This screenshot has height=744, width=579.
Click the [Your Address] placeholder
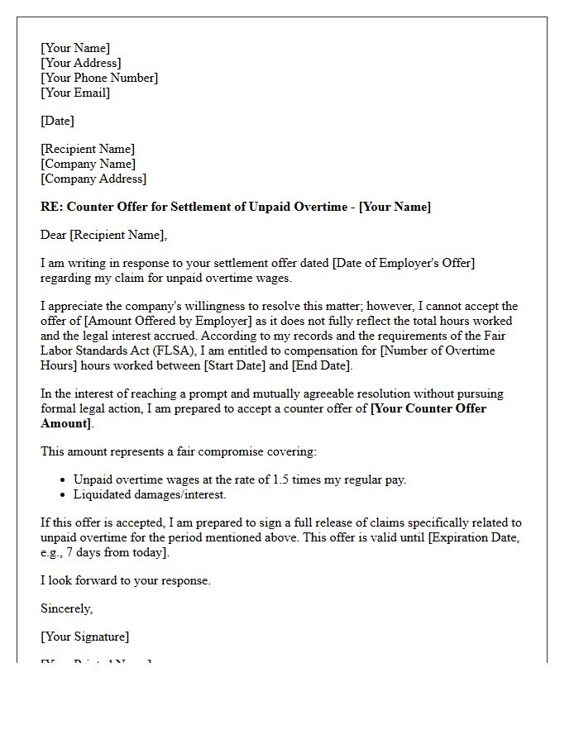[x=80, y=63]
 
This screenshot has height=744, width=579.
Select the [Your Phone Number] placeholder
[x=98, y=78]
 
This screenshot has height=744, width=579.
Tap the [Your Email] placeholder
[x=74, y=93]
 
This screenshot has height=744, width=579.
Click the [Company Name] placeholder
[x=88, y=164]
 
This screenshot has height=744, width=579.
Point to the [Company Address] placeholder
[x=93, y=179]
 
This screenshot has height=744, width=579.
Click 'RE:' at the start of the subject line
[x=50, y=207]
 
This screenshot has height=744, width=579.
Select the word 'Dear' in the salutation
[x=54, y=235]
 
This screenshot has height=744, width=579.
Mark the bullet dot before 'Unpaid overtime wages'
[x=64, y=479]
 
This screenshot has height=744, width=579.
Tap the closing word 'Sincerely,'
[x=66, y=608]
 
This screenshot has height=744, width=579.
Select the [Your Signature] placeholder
[x=84, y=637]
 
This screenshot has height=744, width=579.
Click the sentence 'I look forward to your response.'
[x=126, y=580]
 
